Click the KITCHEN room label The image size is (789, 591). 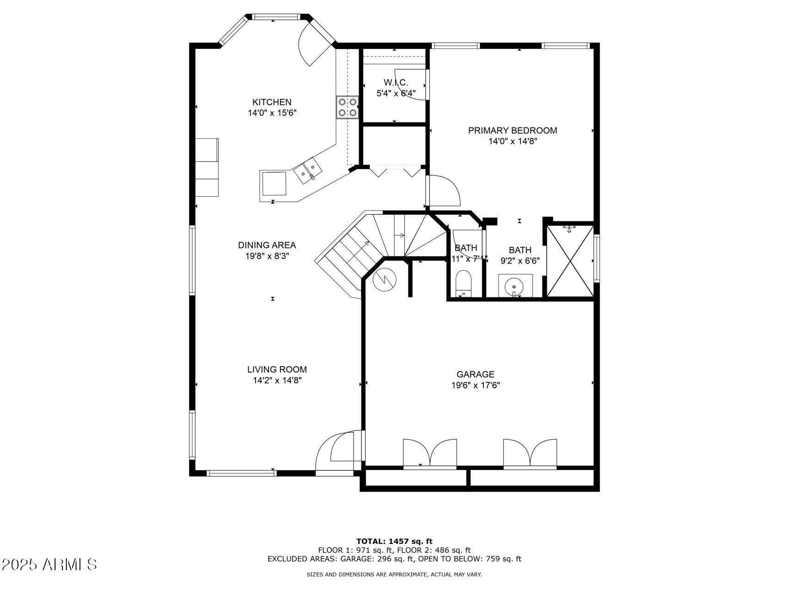[x=272, y=102]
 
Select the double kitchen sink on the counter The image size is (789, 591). [x=307, y=170]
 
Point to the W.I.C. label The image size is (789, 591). [x=396, y=83]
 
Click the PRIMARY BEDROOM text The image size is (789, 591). [x=512, y=131]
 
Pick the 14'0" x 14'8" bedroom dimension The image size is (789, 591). [x=513, y=141]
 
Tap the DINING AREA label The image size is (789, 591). [x=267, y=245]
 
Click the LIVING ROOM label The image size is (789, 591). [x=277, y=369]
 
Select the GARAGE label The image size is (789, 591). [x=475, y=374]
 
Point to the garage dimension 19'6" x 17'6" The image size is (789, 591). [x=476, y=385]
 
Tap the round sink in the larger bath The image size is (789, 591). [x=514, y=286]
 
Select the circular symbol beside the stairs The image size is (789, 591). [x=385, y=279]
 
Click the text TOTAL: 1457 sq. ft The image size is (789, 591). [x=394, y=541]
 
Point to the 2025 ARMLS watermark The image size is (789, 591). [x=49, y=564]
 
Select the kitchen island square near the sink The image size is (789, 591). [x=274, y=184]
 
